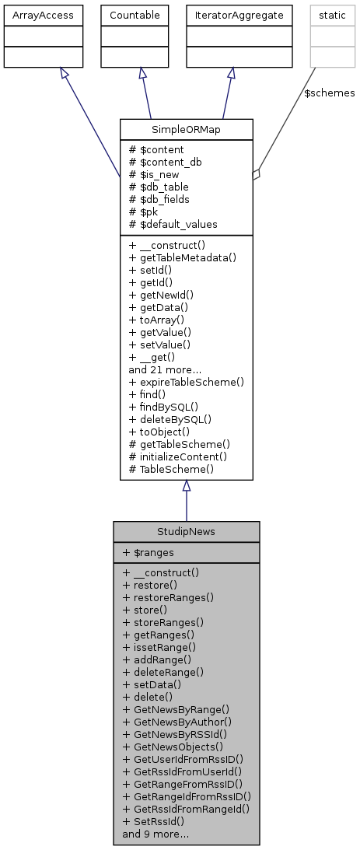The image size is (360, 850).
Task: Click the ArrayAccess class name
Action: [x=37, y=15]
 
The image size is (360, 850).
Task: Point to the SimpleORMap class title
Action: [x=186, y=129]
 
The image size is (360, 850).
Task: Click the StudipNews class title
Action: [x=186, y=532]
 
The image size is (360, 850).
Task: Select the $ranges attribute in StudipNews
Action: [x=149, y=551]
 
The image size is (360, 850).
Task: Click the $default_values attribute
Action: [x=173, y=224]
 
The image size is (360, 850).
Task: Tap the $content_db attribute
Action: [x=161, y=162]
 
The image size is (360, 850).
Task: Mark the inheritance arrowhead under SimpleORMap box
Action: [x=186, y=486]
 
